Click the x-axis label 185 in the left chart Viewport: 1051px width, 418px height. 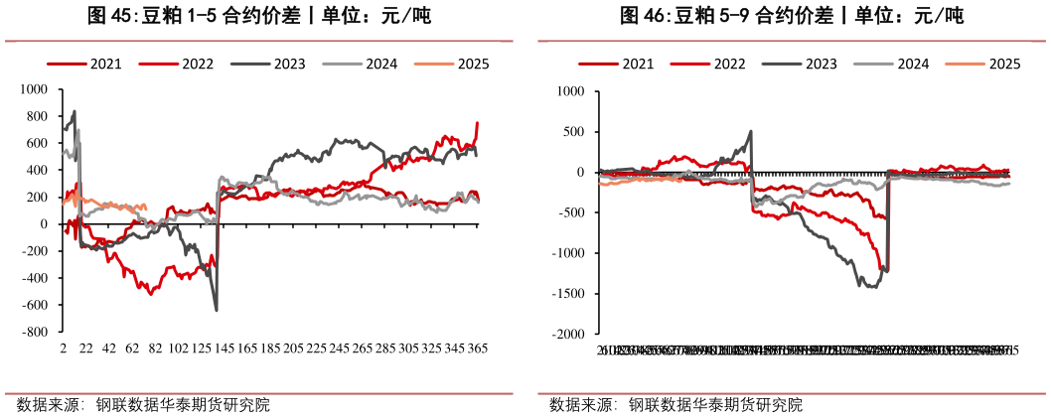271,350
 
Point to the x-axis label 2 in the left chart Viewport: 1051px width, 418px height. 63,350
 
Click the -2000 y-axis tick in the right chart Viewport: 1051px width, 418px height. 571,335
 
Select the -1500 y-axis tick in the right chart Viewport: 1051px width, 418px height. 571,294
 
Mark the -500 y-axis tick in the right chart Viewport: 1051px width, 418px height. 574,213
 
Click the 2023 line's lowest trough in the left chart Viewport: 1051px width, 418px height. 217,310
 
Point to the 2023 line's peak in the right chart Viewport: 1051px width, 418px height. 750,131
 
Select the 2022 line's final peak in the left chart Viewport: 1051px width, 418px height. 477,123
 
